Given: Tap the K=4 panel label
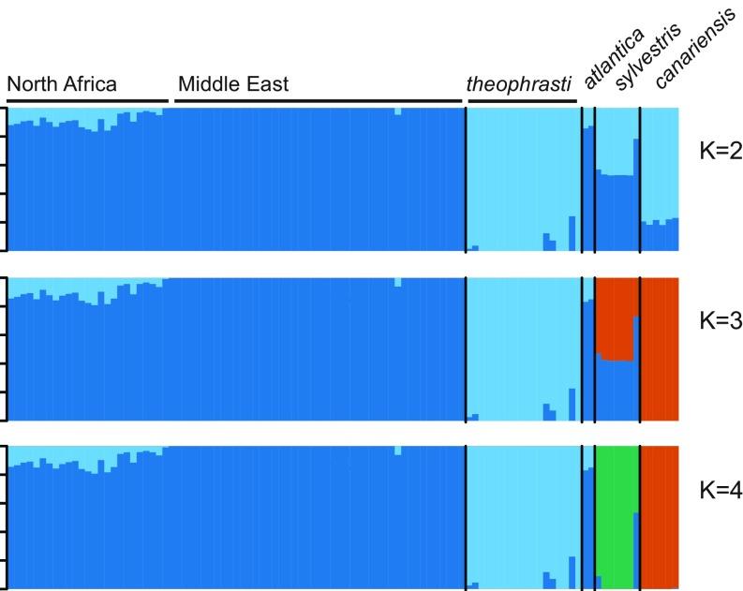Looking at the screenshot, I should (x=720, y=489).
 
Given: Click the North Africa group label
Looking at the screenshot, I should (x=62, y=84).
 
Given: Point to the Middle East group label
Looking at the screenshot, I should (x=233, y=84).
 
